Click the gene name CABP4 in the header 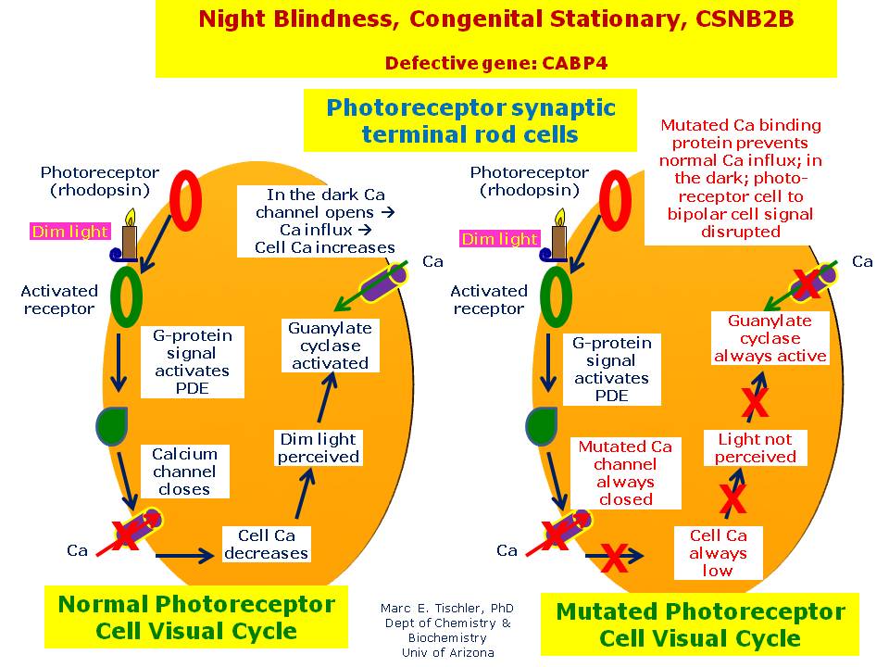point(581,63)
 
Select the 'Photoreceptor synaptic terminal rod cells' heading point(470,120)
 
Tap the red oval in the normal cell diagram point(187,202)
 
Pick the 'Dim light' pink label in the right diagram point(500,239)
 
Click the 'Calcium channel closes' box point(184,472)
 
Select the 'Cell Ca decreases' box point(267,544)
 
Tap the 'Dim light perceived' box point(319,447)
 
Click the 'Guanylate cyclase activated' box point(330,346)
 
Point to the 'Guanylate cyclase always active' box point(770,338)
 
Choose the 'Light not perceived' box point(755,447)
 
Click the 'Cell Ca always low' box point(718,552)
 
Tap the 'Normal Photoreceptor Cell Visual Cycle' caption point(196,617)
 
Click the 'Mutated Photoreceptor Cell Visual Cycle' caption point(700,624)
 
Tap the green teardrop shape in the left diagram point(110,424)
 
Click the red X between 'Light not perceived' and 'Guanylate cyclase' point(756,404)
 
